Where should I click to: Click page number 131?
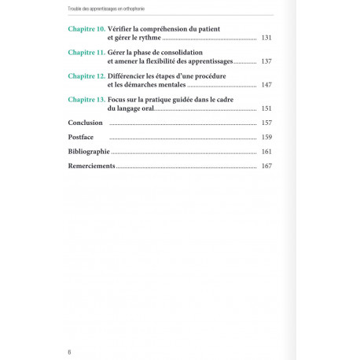[266, 38]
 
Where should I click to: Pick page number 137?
[266, 61]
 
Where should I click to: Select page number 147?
[266, 85]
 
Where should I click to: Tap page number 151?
[266, 108]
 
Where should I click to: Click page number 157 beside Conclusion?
[266, 123]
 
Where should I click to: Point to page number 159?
[266, 138]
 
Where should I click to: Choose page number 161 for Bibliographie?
[266, 152]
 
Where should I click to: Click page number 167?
[266, 166]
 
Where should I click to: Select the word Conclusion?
[86, 123]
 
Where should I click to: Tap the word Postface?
[82, 138]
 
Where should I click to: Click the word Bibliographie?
[89, 152]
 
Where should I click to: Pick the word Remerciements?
[92, 166]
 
